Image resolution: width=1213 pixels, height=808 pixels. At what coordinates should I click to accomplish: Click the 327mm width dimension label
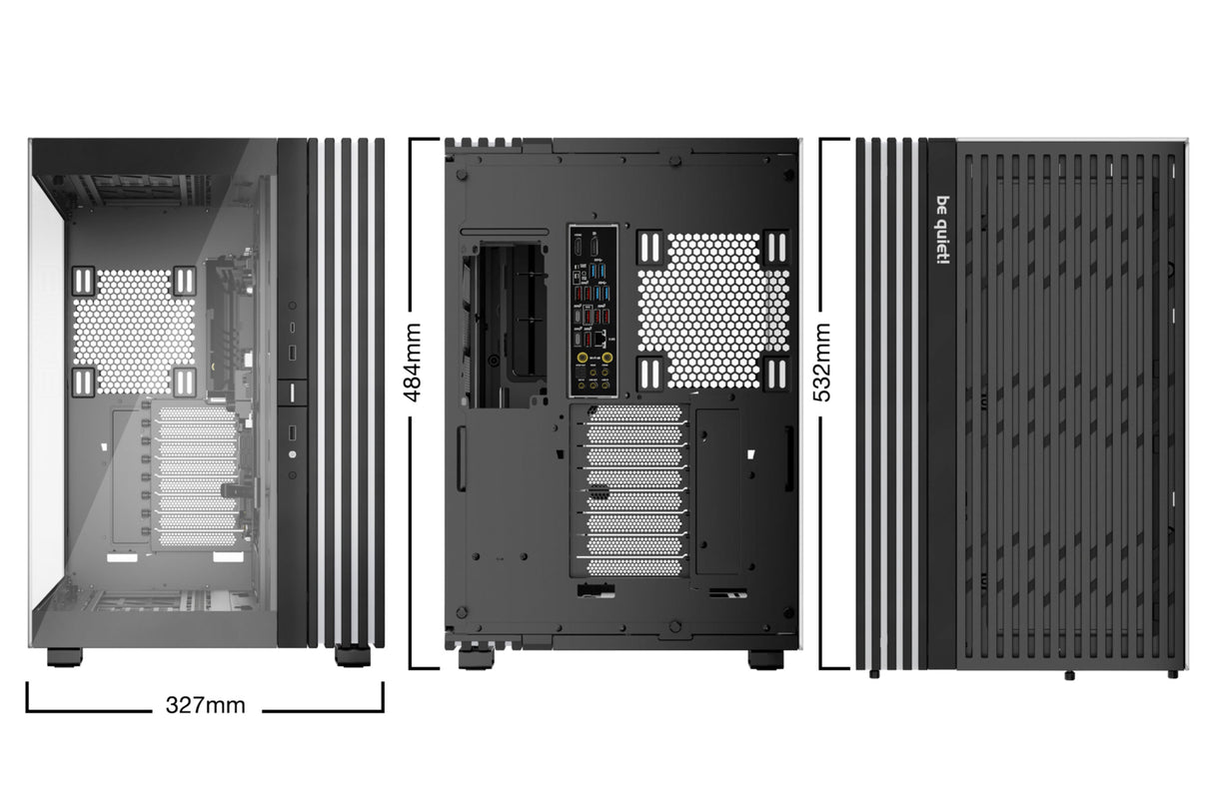click(205, 705)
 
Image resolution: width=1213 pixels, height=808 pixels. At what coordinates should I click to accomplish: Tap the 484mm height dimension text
click(413, 361)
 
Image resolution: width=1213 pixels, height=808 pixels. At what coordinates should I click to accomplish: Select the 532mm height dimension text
click(822, 361)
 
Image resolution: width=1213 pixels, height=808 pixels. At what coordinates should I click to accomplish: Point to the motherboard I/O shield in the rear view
click(597, 311)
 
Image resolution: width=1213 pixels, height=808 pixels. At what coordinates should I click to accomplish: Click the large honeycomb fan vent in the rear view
click(712, 311)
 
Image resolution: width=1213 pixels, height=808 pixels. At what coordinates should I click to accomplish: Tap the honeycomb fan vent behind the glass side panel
click(135, 331)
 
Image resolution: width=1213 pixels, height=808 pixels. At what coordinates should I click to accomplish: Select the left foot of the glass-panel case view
click(66, 658)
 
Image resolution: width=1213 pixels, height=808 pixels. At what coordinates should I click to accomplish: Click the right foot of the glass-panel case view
click(351, 656)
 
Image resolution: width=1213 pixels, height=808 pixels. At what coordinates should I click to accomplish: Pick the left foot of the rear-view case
click(473, 660)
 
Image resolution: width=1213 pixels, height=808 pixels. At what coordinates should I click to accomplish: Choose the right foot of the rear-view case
click(764, 660)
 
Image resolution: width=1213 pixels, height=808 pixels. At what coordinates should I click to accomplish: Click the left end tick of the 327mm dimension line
click(28, 696)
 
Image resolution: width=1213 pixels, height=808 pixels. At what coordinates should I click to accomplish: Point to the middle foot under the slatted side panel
click(1069, 675)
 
